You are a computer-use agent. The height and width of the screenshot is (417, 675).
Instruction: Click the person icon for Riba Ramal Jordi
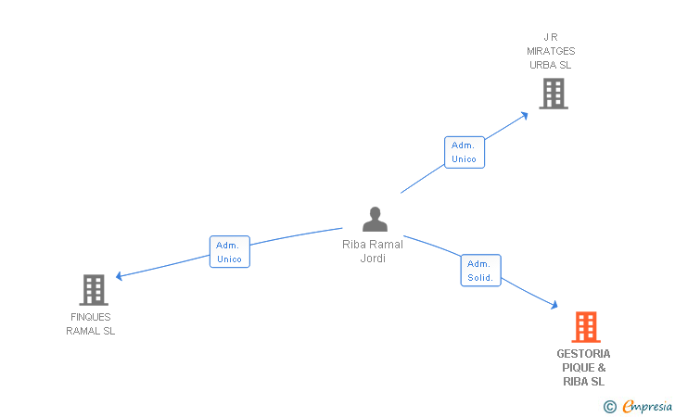(x=375, y=220)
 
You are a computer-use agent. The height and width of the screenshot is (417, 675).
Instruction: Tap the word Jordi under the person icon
(x=373, y=259)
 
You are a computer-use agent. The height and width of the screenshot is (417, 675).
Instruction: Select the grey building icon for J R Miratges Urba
(x=553, y=94)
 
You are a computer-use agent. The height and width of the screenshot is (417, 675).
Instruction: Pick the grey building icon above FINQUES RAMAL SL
(x=94, y=290)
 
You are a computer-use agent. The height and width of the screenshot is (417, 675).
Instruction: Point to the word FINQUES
(x=90, y=317)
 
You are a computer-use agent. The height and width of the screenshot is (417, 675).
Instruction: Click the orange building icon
(x=585, y=327)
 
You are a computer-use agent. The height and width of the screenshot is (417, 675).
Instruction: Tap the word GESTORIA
(x=583, y=353)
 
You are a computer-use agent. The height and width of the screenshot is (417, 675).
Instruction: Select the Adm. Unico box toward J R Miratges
(x=464, y=152)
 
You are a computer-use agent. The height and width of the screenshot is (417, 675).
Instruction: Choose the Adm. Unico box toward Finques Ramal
(x=229, y=252)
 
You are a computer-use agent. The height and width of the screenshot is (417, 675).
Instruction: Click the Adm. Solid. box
(x=480, y=271)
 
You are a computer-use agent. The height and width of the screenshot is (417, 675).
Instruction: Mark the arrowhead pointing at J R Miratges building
(x=524, y=115)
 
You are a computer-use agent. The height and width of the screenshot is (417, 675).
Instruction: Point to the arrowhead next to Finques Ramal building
(x=120, y=276)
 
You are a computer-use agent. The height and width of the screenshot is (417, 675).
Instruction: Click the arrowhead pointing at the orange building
(x=553, y=305)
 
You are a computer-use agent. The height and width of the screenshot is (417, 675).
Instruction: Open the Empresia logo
(x=647, y=406)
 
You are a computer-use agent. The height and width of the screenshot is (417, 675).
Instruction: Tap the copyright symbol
(x=609, y=406)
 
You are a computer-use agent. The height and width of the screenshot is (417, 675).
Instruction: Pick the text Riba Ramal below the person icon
(x=373, y=245)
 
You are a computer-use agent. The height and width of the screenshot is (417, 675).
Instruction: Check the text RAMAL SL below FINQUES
(x=90, y=331)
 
